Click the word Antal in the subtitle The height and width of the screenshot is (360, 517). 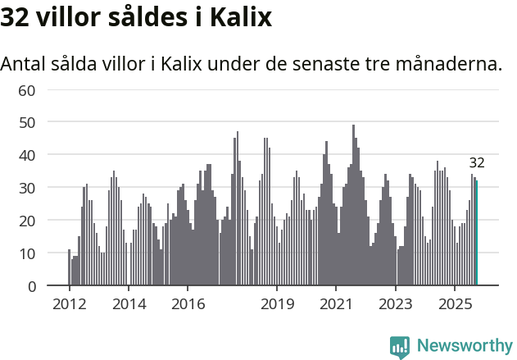(x=25, y=63)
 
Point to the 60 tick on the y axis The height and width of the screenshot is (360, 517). (x=26, y=89)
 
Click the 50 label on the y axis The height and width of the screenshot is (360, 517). (x=26, y=121)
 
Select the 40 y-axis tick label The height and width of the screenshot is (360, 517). (x=26, y=154)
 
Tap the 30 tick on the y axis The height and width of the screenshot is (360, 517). (x=26, y=187)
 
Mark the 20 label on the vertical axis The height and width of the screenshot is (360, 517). (x=26, y=220)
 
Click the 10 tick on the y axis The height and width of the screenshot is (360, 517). (x=26, y=253)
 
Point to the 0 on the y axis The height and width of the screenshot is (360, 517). (x=31, y=285)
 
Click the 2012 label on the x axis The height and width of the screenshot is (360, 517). (x=69, y=303)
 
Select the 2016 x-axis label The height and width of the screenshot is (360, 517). (x=188, y=303)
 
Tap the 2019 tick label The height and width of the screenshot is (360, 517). (x=277, y=303)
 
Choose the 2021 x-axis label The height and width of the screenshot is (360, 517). (x=336, y=303)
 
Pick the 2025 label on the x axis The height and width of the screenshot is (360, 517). (x=455, y=303)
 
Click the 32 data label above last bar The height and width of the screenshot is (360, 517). (x=477, y=162)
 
